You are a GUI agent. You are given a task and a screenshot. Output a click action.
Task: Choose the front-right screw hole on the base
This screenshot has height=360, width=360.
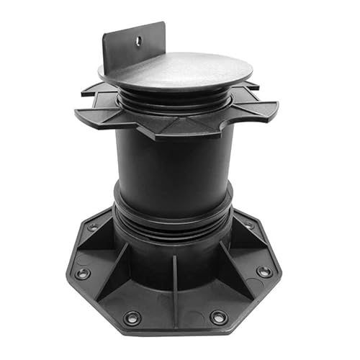[219, 317]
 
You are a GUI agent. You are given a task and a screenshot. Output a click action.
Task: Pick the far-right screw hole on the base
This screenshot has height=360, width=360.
[264, 271]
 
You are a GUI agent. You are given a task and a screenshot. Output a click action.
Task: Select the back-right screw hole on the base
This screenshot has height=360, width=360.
[249, 225]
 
